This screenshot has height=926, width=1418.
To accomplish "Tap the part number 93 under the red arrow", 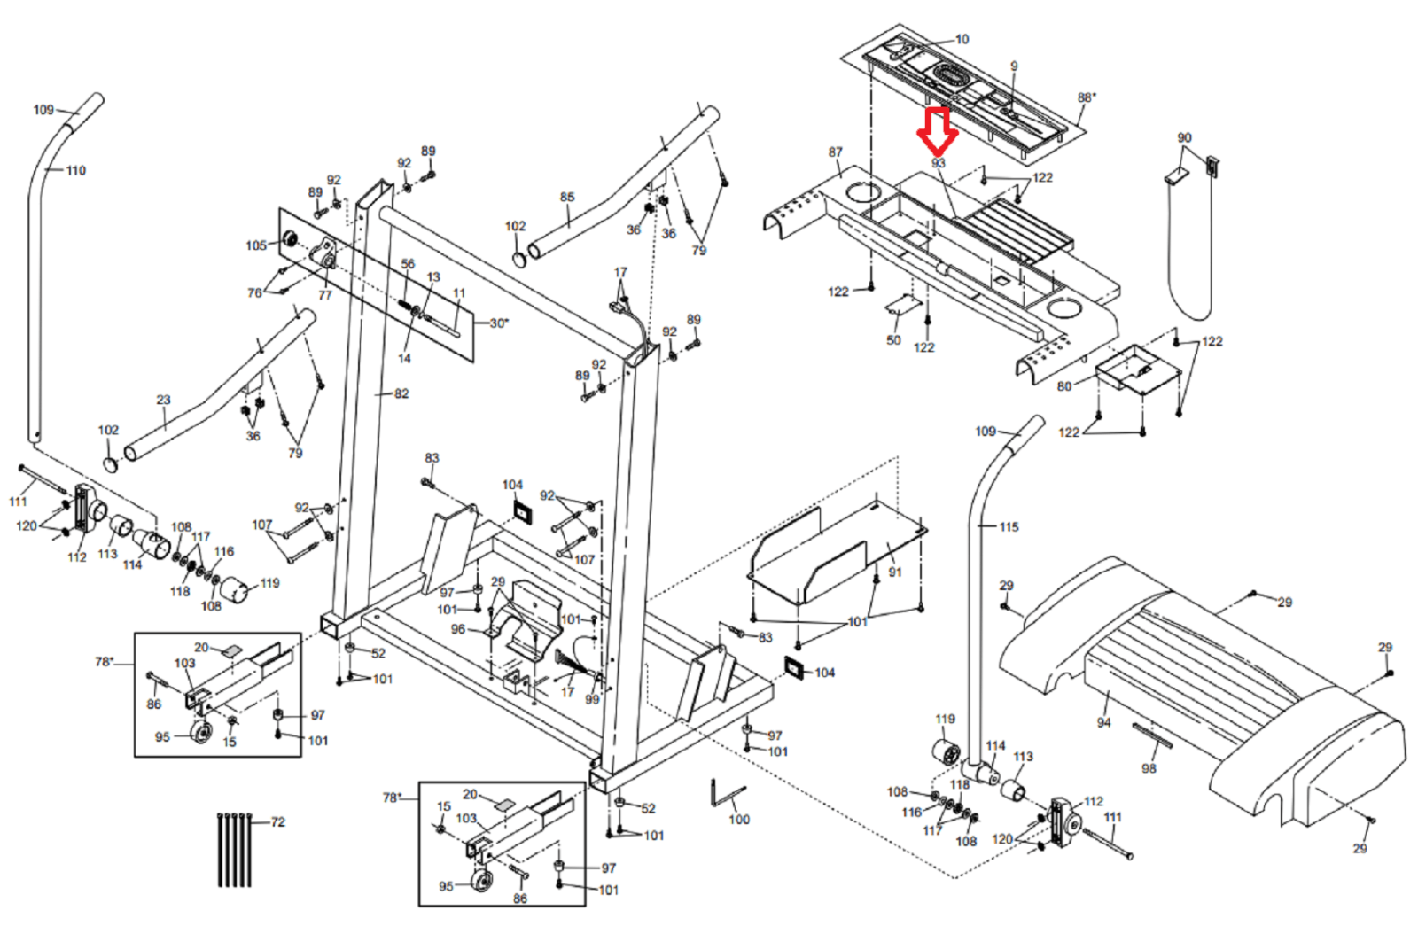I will click(x=939, y=164).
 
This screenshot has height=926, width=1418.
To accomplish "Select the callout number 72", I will click(x=278, y=822).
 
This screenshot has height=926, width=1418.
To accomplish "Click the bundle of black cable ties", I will click(x=235, y=849).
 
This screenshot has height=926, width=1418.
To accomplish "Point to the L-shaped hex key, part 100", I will click(x=722, y=795).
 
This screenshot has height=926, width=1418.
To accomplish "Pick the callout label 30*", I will click(x=499, y=323).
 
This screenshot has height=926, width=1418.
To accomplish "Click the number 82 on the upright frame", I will click(x=401, y=393).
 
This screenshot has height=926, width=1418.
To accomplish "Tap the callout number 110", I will click(x=76, y=170).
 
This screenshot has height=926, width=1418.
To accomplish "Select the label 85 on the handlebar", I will click(x=567, y=197).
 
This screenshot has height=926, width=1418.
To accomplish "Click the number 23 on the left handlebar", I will click(x=163, y=400).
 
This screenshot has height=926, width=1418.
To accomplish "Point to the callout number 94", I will click(x=1103, y=722).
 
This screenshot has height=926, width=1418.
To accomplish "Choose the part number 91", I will click(x=895, y=572).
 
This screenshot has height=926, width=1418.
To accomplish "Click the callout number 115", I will click(x=1009, y=526).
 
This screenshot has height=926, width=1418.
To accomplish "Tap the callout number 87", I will click(x=836, y=152).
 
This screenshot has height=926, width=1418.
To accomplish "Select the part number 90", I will click(x=1184, y=138).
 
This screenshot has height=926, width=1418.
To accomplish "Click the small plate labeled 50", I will click(x=900, y=306).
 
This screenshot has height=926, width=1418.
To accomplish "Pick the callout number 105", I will click(x=256, y=245).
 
